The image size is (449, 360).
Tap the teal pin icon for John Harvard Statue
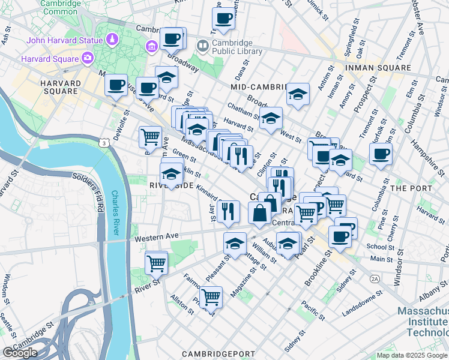(112, 40)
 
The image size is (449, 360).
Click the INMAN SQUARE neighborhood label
(378, 68)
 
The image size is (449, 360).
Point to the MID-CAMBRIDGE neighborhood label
(259, 88)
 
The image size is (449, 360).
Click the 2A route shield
(375, 279)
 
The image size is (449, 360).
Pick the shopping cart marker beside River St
(156, 262)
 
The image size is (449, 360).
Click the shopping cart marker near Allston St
(211, 296)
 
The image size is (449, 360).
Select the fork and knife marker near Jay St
(228, 211)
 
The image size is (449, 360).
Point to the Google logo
(19, 352)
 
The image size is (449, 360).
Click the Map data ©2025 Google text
(411, 355)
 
